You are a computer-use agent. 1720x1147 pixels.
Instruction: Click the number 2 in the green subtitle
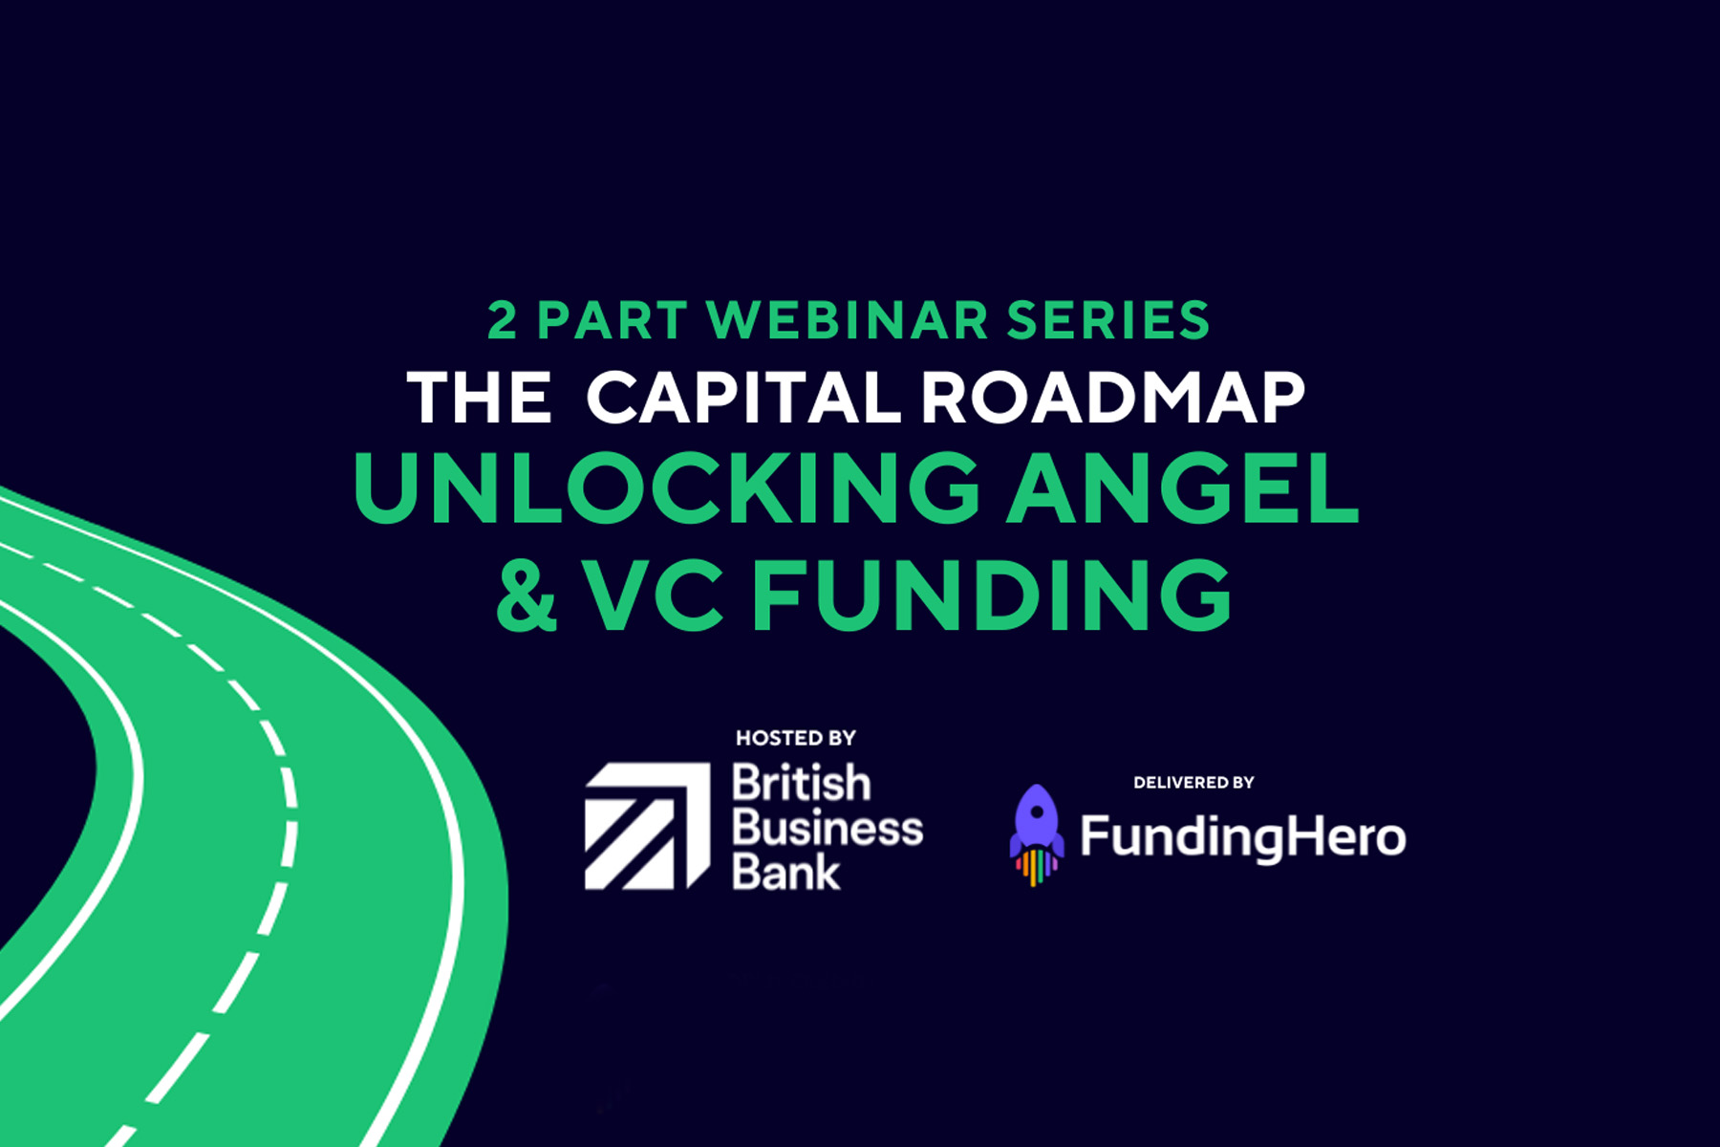pyautogui.click(x=502, y=320)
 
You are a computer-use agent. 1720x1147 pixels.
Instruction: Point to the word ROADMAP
pyautogui.click(x=1113, y=397)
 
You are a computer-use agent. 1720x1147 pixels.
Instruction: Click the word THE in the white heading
pyautogui.click(x=480, y=397)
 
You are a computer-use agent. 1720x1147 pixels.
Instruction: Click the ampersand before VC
pyautogui.click(x=527, y=595)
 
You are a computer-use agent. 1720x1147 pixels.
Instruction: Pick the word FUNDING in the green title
pyautogui.click(x=993, y=595)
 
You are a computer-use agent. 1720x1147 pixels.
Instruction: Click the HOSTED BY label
pyautogui.click(x=796, y=738)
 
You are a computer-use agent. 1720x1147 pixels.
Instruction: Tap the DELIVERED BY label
pyautogui.click(x=1193, y=783)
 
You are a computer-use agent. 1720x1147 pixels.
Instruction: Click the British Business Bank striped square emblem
pyautogui.click(x=647, y=827)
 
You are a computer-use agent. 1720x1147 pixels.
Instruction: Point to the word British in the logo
pyautogui.click(x=802, y=783)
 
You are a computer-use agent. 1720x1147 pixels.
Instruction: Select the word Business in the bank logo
pyautogui.click(x=828, y=828)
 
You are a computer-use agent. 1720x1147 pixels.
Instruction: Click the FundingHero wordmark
pyautogui.click(x=1243, y=838)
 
